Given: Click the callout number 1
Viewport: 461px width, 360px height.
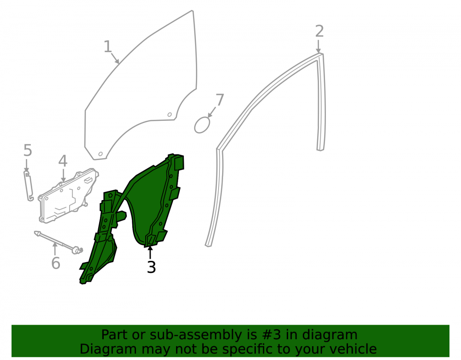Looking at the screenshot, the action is point(108,47).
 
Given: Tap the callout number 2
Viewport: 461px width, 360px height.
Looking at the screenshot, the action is point(319,31).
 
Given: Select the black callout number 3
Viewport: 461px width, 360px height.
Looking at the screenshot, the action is point(151,267).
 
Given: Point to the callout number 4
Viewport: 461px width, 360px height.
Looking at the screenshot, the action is point(63,161).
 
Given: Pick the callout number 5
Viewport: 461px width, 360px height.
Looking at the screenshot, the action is point(28,150).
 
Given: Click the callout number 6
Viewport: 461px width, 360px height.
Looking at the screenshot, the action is point(56,263).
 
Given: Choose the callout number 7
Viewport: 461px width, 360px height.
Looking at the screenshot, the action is point(219,100).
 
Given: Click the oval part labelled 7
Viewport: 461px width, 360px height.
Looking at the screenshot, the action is point(202,125).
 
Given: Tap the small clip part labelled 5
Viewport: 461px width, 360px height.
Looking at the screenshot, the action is point(29,186).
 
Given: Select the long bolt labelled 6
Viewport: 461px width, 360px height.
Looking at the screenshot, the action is point(59,242).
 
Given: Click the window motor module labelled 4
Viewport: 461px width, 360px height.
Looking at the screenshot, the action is point(68,195).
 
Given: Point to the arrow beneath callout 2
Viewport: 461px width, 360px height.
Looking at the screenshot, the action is point(319,47).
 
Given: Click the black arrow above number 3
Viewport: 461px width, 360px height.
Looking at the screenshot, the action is point(150,253).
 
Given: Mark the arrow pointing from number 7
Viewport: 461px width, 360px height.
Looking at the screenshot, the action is point(212,112).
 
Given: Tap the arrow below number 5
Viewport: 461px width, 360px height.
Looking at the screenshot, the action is point(27,165).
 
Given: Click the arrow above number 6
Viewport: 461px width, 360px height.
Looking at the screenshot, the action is point(55,248).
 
